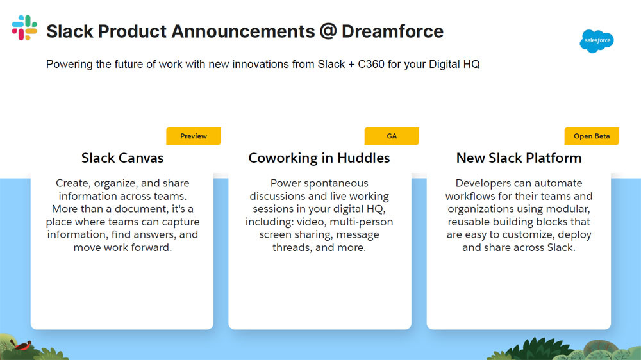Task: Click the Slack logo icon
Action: pyautogui.click(x=24, y=28)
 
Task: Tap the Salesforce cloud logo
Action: pyautogui.click(x=596, y=41)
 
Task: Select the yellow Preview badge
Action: pyautogui.click(x=194, y=136)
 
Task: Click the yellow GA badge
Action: pyautogui.click(x=392, y=136)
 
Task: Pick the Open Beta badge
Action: pyautogui.click(x=592, y=136)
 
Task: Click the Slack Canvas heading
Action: pyautogui.click(x=122, y=158)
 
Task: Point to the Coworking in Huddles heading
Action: pyautogui.click(x=319, y=158)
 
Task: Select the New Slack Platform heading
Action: pyautogui.click(x=519, y=158)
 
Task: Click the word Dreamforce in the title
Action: pyautogui.click(x=392, y=31)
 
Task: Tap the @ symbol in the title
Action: pyautogui.click(x=328, y=31)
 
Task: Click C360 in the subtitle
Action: pyautogui.click(x=371, y=64)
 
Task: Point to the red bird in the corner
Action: pyautogui.click(x=22, y=346)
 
